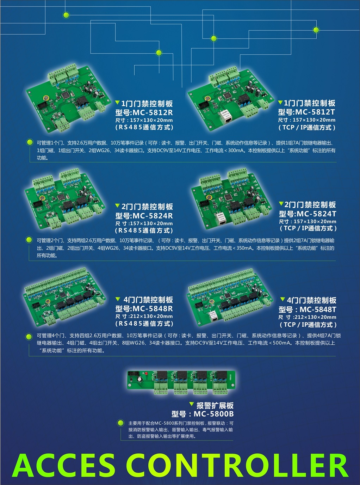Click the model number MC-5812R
pos(153,112)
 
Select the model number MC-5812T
pos(315,112)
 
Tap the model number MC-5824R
pos(153,216)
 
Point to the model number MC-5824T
pos(316,214)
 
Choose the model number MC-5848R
pos(153,308)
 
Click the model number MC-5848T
pos(318,309)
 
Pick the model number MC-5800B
pos(213,414)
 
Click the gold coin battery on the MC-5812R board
pos(46,98)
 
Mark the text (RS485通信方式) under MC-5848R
pos(144,324)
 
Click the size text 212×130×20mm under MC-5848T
pos(315,317)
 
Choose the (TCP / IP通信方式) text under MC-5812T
pos(307,128)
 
